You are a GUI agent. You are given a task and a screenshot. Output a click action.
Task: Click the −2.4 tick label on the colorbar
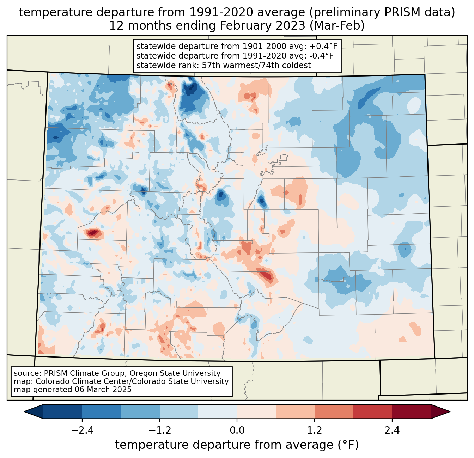[x=82, y=430]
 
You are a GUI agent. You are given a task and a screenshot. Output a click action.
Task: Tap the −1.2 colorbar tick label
[x=159, y=430]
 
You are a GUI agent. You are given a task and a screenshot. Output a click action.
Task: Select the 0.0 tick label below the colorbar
[x=237, y=430]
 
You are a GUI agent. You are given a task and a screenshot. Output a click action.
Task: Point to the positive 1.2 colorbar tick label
[x=315, y=430]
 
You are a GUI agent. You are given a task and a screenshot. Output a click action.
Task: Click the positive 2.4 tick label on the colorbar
[x=392, y=430]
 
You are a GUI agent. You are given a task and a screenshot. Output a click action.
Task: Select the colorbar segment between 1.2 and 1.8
[x=334, y=411]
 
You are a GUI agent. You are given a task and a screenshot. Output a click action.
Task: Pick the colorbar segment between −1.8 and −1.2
[x=140, y=411]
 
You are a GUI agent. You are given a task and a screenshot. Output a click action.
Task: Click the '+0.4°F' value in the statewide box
[x=323, y=47]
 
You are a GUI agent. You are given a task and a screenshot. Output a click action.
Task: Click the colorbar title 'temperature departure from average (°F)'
[x=237, y=445]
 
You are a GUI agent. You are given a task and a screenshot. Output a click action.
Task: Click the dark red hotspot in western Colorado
[x=93, y=233]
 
